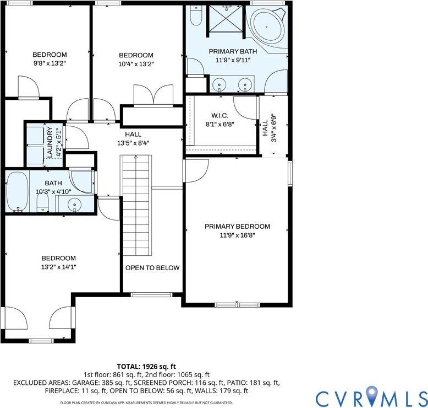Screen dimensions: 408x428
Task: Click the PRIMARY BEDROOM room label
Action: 237,227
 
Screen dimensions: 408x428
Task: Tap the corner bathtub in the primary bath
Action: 267,25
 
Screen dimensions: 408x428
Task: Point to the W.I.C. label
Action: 220,116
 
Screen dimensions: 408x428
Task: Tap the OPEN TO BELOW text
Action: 152,268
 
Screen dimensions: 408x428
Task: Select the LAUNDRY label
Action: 50,142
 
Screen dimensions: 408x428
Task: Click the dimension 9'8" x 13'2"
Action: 50,63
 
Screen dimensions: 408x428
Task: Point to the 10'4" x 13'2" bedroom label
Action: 136,63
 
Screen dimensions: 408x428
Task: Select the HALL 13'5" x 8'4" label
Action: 133,138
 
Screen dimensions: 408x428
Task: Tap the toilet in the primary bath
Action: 195,18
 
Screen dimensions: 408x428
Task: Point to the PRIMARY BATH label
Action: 233,51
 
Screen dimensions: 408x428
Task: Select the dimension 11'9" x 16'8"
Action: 237,235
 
